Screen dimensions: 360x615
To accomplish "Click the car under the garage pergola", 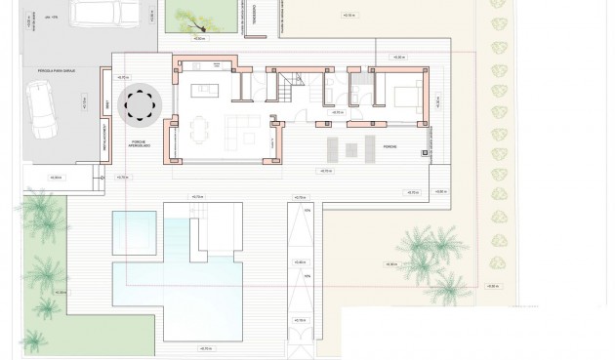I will point(41,107).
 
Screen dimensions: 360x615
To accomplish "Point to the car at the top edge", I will point(106,12).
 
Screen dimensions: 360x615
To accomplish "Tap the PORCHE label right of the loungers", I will point(389,146).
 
